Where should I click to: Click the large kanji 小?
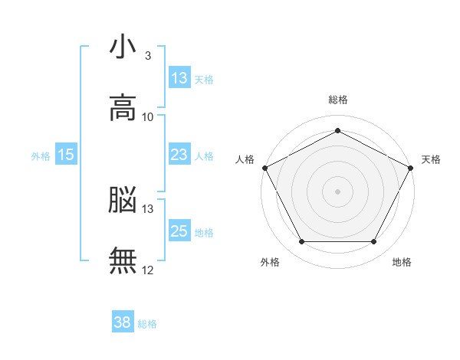[x=123, y=46]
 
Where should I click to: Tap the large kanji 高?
[x=123, y=107]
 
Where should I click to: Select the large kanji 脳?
[x=123, y=199]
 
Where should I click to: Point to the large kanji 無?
[x=123, y=260]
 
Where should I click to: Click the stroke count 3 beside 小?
[x=148, y=56]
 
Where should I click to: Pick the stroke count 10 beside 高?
[x=147, y=117]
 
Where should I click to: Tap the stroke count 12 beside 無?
[x=147, y=270]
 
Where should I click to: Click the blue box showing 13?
[x=180, y=77]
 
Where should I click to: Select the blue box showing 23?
[x=180, y=154]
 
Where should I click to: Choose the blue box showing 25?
[x=180, y=230]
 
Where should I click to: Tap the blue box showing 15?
[x=66, y=154]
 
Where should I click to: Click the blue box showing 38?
[x=123, y=321]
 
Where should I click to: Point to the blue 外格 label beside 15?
[x=41, y=156]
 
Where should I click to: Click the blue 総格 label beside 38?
[x=147, y=324]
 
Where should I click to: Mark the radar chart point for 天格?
[x=410, y=168]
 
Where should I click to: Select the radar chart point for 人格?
[x=265, y=168]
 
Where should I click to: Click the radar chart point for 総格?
[x=337, y=130]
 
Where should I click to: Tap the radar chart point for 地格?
[x=373, y=241]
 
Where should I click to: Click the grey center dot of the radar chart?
[x=337, y=191]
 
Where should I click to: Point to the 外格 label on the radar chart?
[x=270, y=262]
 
